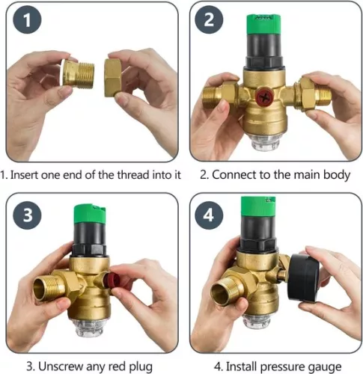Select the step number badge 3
coord(27,215)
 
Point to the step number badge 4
coord(210,215)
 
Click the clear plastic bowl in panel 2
coord(267,142)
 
